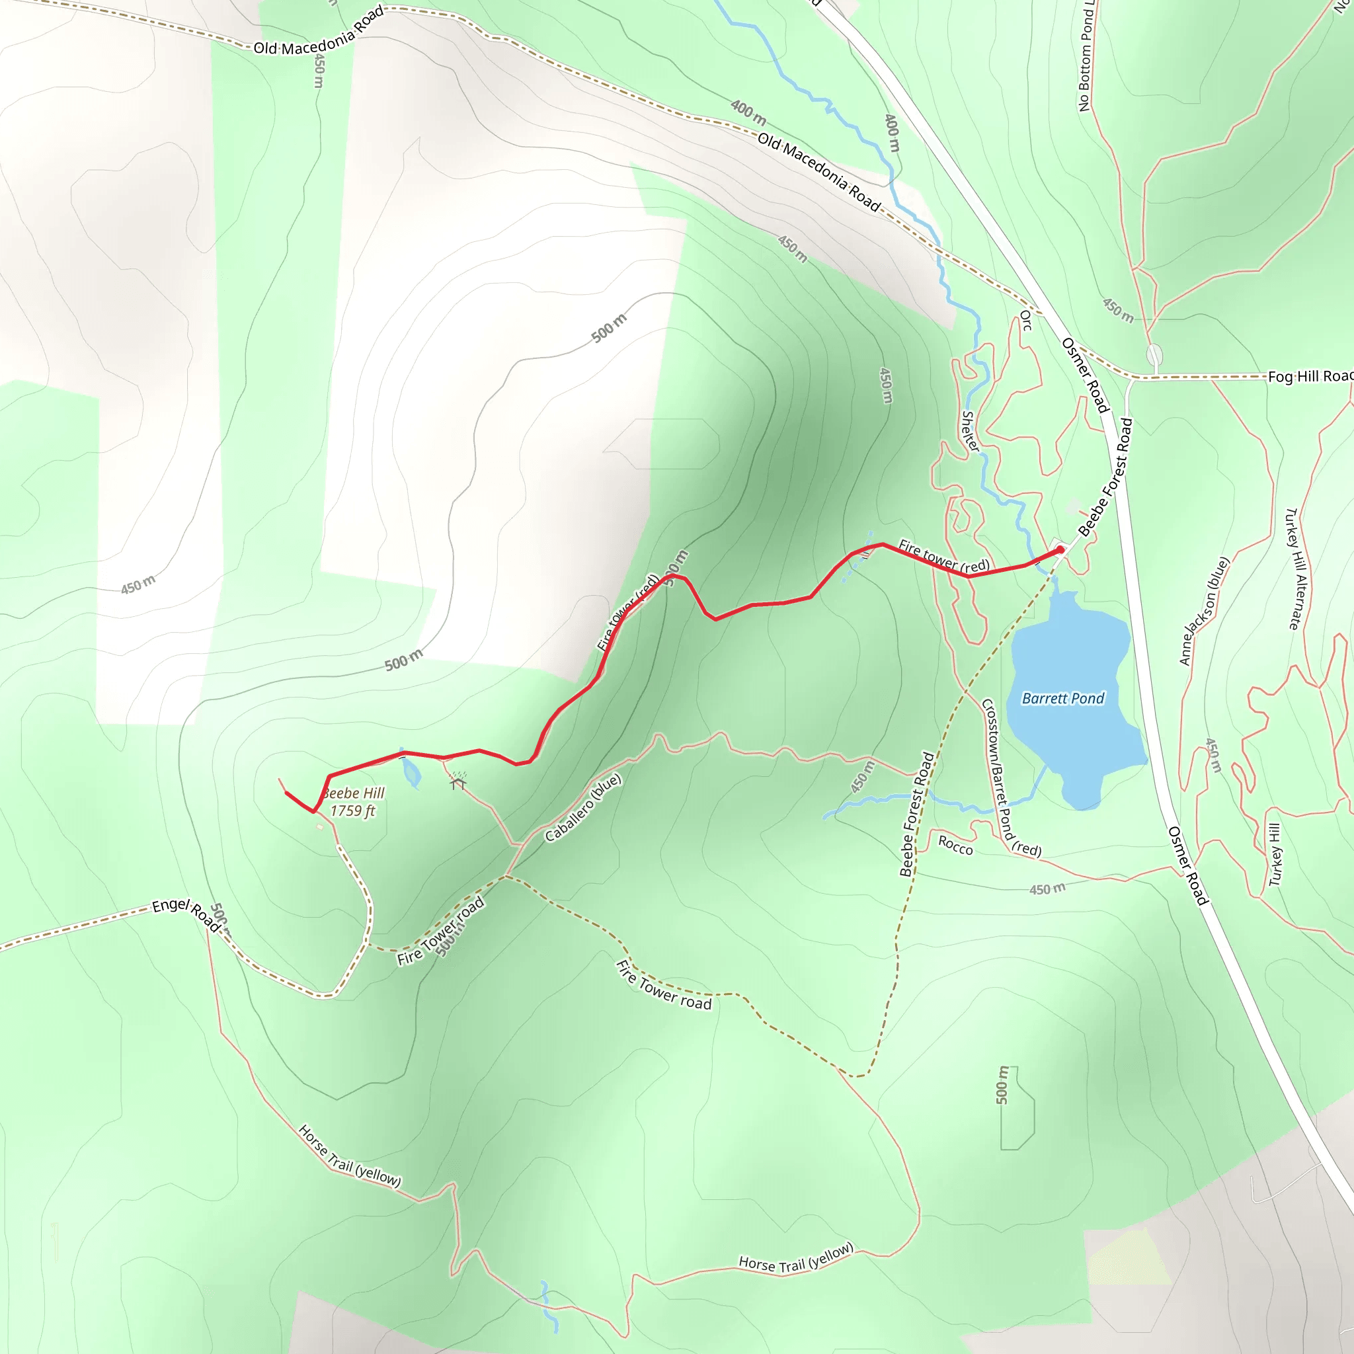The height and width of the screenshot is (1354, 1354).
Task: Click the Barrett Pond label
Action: (1062, 698)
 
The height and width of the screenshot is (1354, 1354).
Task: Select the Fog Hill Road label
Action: (1309, 376)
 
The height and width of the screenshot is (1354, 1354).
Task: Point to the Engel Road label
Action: (186, 914)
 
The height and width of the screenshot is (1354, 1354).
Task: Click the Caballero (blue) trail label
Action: (583, 807)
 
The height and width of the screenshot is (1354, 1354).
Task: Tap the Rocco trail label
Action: (955, 845)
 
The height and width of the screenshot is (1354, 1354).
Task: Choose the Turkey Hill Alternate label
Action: (1296, 569)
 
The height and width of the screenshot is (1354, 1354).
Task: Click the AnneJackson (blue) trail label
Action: (1204, 610)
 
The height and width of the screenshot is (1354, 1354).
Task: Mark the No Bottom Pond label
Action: (1086, 56)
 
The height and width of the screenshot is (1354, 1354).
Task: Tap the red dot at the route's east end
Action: (1060, 550)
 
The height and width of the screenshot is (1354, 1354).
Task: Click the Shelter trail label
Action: (970, 430)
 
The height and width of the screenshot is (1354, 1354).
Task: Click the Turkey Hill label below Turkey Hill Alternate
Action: (1275, 854)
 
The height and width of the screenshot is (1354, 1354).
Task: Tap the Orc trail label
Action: (1025, 320)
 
